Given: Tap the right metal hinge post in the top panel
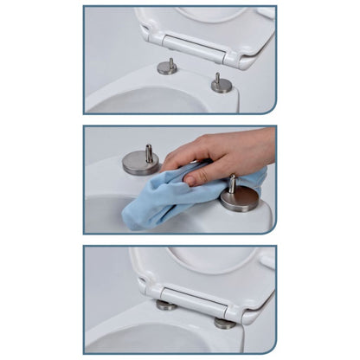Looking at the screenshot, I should coord(222,84).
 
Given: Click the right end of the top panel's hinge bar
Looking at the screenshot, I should coord(231,58).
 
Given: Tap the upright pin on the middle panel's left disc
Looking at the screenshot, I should coord(149,152).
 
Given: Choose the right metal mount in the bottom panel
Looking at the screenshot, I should coord(225,323).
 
